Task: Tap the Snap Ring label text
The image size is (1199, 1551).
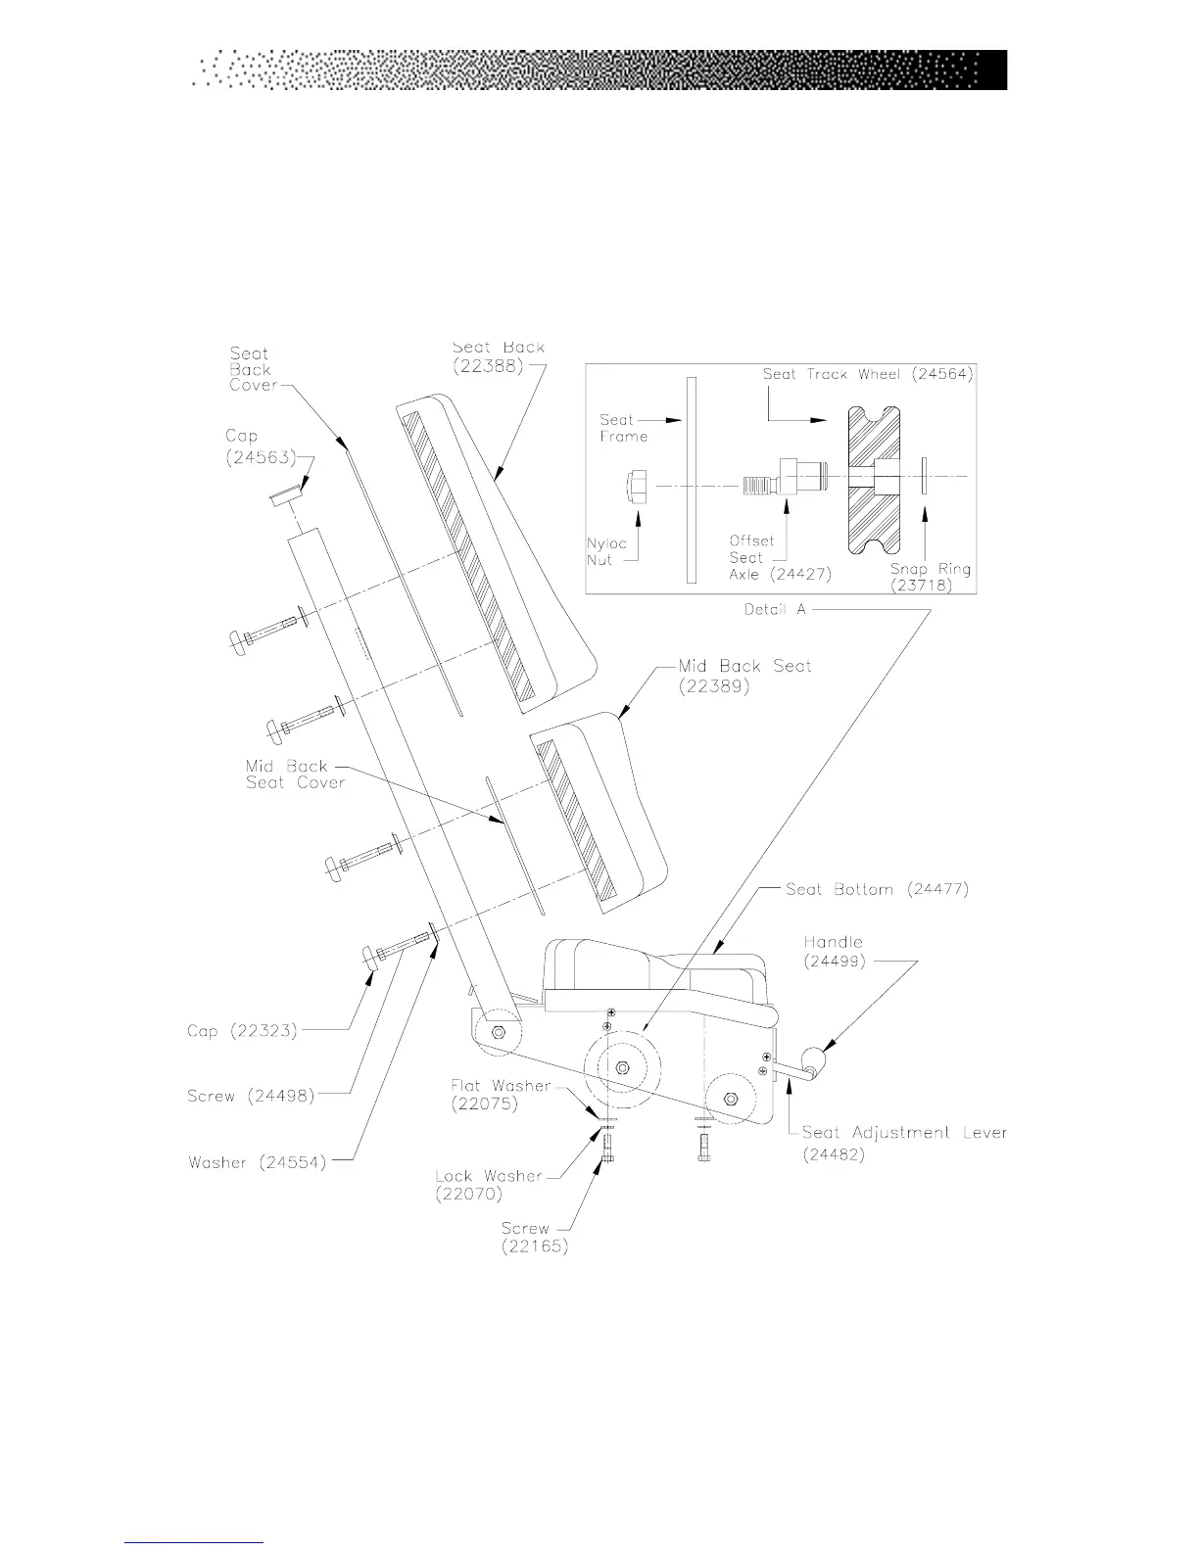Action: tap(930, 569)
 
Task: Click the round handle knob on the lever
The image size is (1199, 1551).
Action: tap(815, 1059)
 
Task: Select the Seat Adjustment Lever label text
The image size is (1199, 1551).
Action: tap(903, 1133)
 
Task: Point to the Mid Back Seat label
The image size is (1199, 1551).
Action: tap(744, 666)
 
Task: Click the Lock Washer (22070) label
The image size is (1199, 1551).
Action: tap(488, 1185)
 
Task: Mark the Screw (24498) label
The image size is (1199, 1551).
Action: tap(251, 1096)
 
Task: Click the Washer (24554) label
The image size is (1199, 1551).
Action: tap(257, 1162)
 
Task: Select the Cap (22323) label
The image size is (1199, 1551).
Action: tap(241, 1031)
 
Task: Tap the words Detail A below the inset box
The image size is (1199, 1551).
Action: tap(774, 609)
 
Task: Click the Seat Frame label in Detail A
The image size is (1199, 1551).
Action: tap(624, 428)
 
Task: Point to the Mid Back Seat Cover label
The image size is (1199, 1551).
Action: tap(295, 774)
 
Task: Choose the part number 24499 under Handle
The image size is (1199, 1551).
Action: tap(834, 961)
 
